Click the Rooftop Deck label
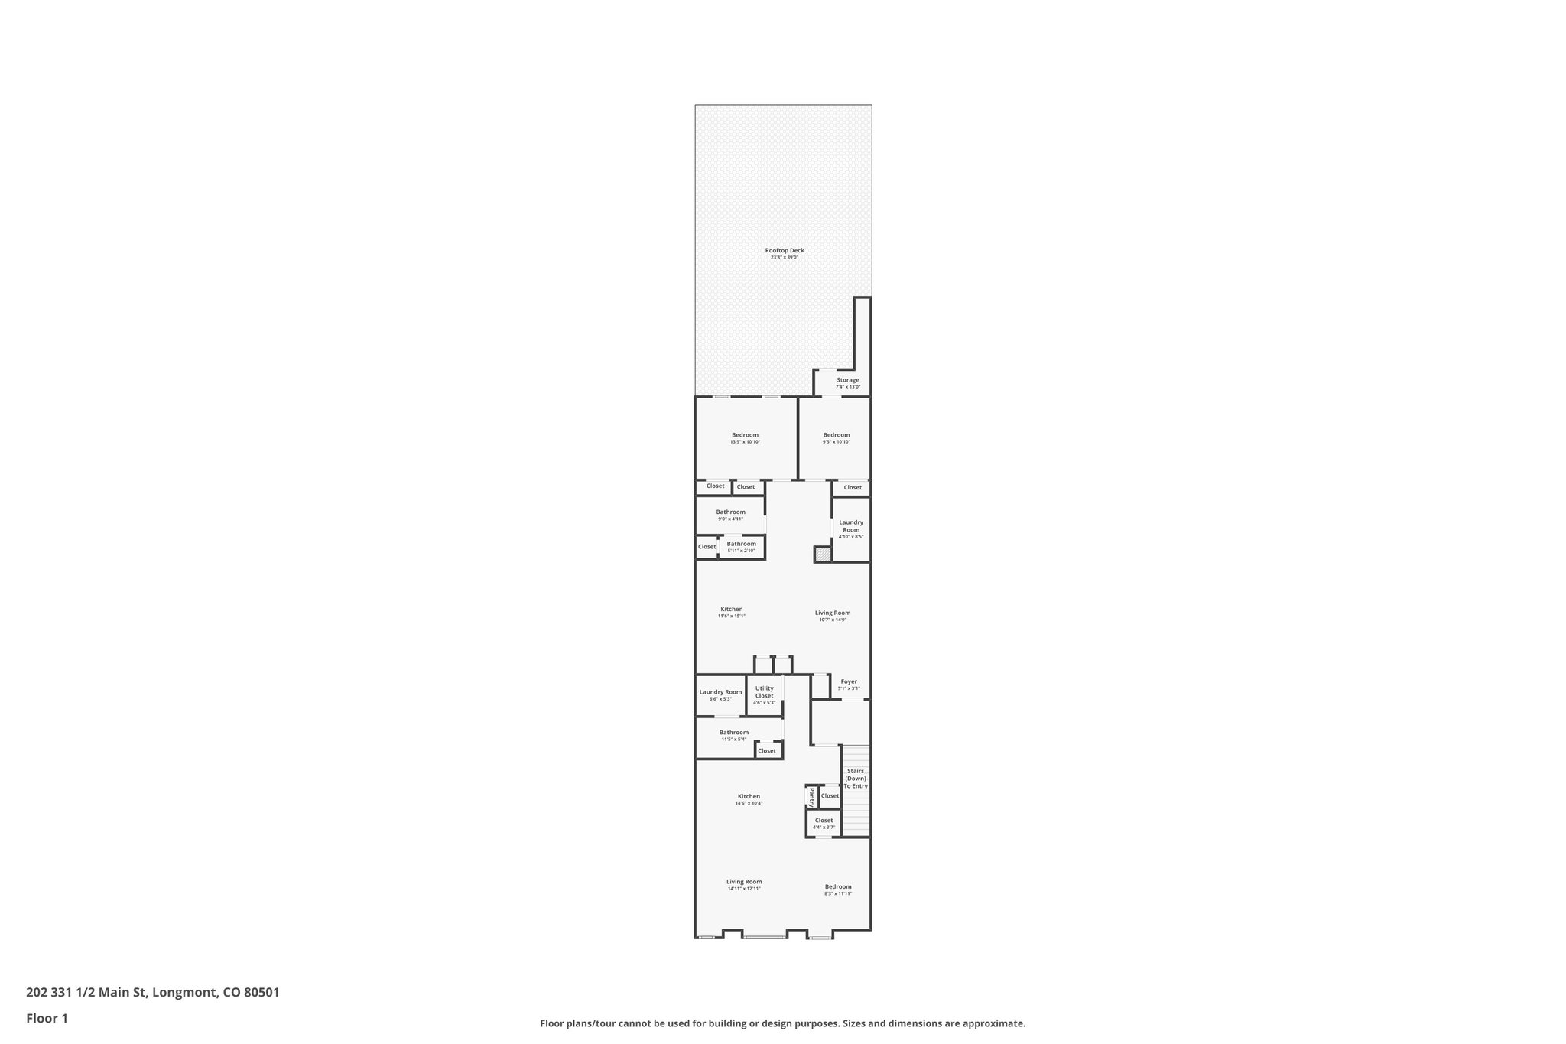click(785, 251)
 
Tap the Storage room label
click(847, 381)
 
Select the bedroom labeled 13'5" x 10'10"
click(745, 436)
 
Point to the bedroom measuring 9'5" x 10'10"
click(836, 436)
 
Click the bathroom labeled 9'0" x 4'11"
click(730, 513)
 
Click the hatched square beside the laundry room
click(822, 555)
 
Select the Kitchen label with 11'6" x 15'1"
click(731, 610)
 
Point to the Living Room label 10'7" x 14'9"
click(832, 613)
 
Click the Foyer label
click(849, 682)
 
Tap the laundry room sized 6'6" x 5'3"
click(720, 693)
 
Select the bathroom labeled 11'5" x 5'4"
click(733, 733)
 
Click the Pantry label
click(811, 797)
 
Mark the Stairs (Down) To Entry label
click(856, 779)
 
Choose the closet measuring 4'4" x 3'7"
click(824, 821)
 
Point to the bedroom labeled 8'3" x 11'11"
click(838, 888)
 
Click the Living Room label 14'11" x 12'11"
click(744, 883)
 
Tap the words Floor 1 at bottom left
click(47, 1018)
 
